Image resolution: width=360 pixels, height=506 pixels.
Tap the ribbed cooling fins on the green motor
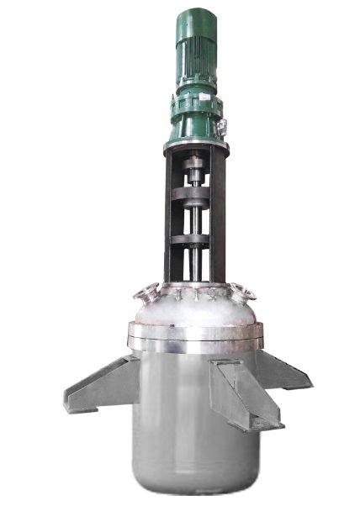click(196, 55)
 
